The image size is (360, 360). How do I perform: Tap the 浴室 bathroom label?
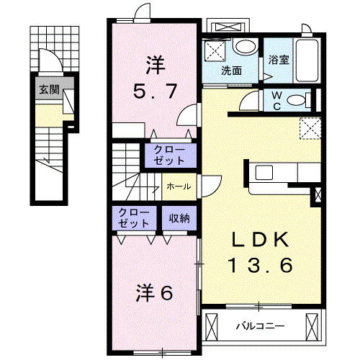279,60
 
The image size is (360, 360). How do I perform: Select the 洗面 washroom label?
231,71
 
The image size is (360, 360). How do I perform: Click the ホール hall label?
179,186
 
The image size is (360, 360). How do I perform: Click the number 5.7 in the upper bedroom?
154,91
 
